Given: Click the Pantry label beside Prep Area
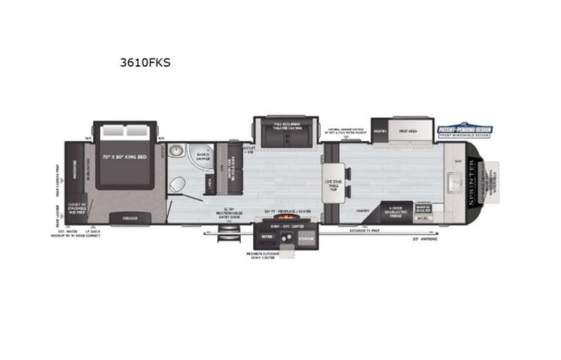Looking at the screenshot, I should point(380,131).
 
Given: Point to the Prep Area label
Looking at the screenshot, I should point(409,131).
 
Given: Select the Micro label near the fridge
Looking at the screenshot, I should point(423,218).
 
